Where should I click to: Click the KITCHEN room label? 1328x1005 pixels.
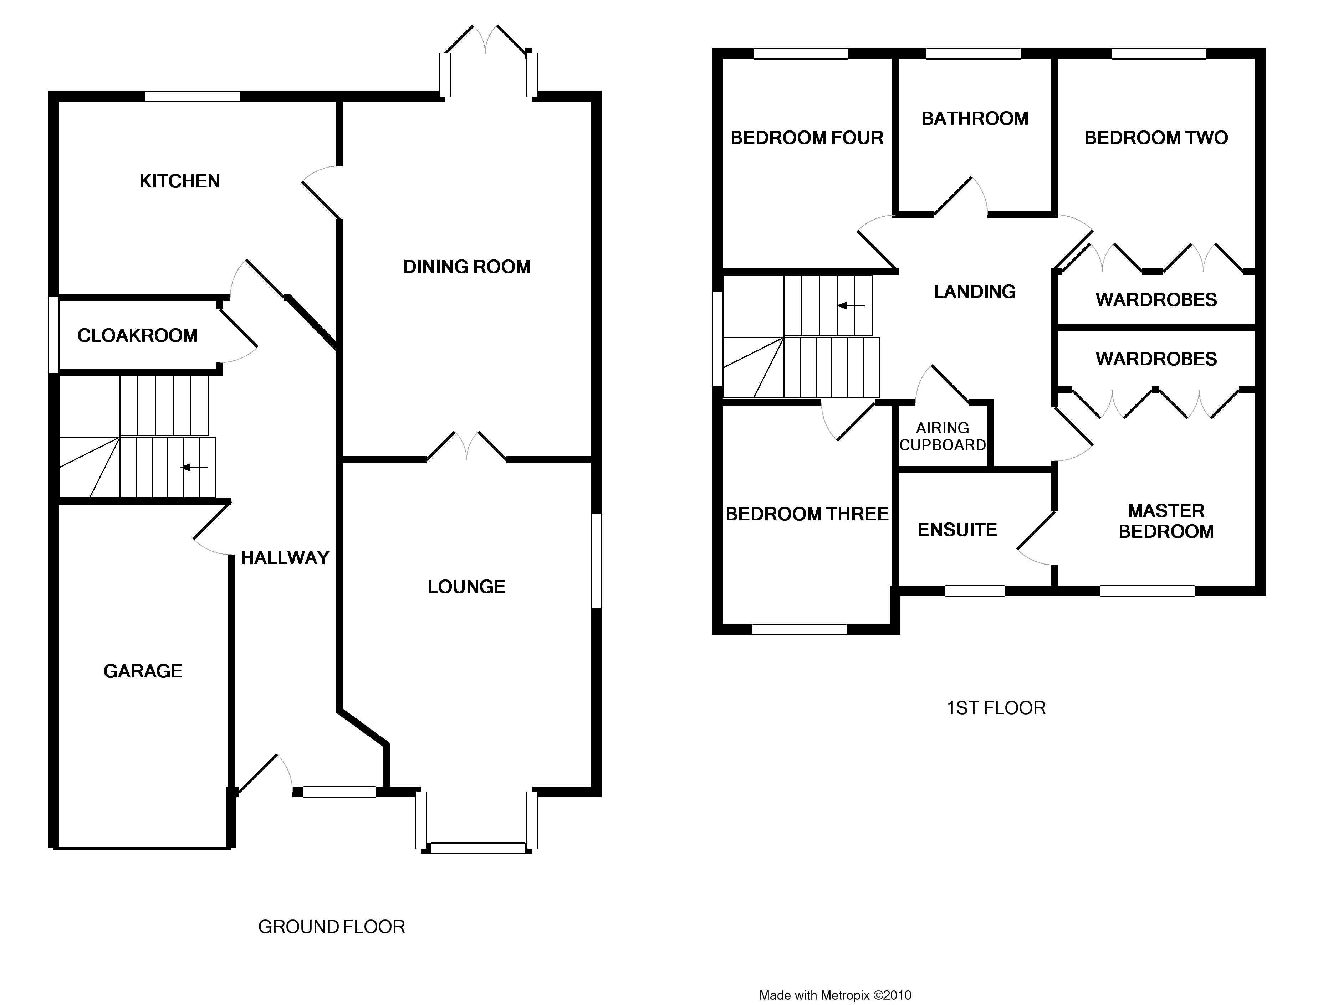179,181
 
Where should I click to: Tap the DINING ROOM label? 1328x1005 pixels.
466,267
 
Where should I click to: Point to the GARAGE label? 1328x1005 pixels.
143,671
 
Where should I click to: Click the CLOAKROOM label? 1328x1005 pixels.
138,335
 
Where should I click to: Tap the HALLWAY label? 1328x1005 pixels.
285,558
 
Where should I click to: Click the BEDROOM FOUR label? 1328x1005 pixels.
807,138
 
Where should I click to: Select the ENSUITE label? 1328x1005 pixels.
957,530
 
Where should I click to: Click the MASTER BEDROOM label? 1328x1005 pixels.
1166,521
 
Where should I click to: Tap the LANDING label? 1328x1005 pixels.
974,292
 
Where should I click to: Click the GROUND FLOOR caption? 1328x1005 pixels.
331,927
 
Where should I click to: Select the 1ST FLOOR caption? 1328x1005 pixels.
996,708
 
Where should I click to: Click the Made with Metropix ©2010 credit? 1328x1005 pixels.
835,995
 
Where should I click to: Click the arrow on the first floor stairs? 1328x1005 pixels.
851,305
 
